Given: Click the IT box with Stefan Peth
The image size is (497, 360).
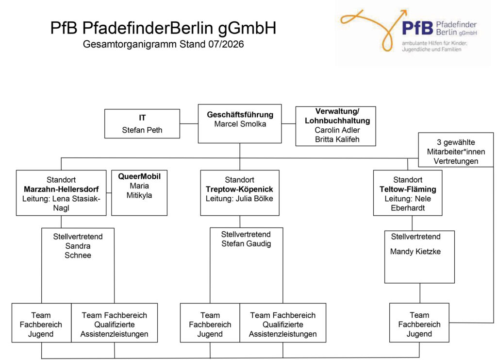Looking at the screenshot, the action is [x=142, y=124].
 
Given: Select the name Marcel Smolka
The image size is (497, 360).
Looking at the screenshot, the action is [x=240, y=124].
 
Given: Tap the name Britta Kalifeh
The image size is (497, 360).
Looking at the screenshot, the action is [x=337, y=139].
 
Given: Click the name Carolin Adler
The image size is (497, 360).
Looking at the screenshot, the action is [x=337, y=130].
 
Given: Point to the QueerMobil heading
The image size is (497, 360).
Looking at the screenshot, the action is [x=139, y=176].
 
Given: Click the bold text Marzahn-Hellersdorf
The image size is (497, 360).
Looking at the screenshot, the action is [x=61, y=189].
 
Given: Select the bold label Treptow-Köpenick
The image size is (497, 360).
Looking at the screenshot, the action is [x=239, y=189].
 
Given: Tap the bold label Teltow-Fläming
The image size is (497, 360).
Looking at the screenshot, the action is [x=408, y=189].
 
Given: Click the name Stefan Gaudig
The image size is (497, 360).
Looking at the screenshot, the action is [x=246, y=243].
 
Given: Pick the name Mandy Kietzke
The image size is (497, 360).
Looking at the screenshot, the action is [x=415, y=252].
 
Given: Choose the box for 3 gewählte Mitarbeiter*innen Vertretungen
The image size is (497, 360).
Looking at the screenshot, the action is [x=456, y=150].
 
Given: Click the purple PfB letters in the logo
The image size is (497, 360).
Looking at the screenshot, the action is [x=417, y=28].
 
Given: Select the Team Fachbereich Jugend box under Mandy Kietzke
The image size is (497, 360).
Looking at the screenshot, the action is [x=419, y=323].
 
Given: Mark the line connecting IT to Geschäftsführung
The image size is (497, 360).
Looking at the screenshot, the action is [x=189, y=124].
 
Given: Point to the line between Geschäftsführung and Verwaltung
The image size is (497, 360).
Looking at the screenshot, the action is [x=288, y=124].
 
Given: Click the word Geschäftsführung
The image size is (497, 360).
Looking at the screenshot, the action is [x=240, y=115].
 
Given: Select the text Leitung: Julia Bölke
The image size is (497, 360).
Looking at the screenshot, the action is [x=239, y=199].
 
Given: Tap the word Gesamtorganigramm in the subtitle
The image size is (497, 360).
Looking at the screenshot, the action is [x=130, y=44].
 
